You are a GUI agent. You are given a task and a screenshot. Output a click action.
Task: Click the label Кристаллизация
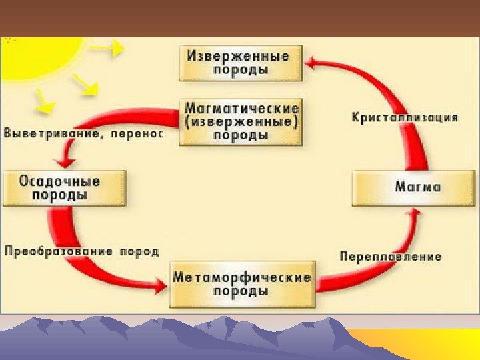click(404, 117)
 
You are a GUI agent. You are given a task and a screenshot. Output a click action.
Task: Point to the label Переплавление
click(390, 257)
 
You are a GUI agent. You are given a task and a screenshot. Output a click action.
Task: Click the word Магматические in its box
click(241, 107)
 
